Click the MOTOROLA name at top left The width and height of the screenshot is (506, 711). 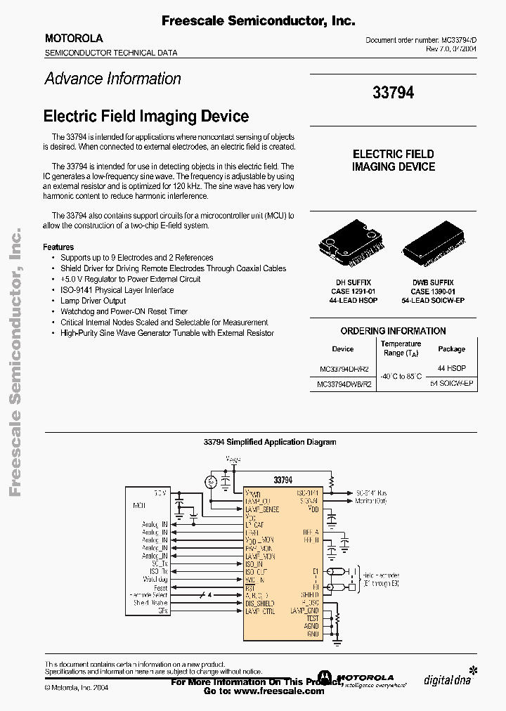74,39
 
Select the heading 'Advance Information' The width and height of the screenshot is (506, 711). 113,79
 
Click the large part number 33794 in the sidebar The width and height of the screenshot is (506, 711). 393,92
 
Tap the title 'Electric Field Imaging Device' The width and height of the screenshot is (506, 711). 146,116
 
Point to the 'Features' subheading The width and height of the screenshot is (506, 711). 58,247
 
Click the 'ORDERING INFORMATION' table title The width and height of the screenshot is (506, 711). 393,331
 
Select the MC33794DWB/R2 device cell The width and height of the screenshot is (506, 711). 344,384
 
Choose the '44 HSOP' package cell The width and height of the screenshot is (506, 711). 451,368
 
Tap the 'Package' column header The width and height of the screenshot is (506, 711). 451,349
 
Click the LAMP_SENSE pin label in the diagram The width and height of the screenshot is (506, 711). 261,509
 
